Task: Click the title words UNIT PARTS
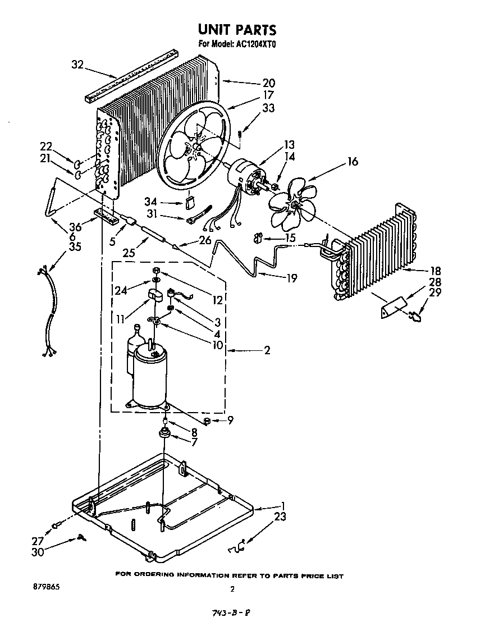pyautogui.click(x=236, y=29)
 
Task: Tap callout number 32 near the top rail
pyautogui.click(x=77, y=65)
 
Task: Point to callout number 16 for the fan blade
pyautogui.click(x=352, y=162)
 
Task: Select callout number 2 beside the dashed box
pyautogui.click(x=267, y=350)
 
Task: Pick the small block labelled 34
pyautogui.click(x=189, y=201)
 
